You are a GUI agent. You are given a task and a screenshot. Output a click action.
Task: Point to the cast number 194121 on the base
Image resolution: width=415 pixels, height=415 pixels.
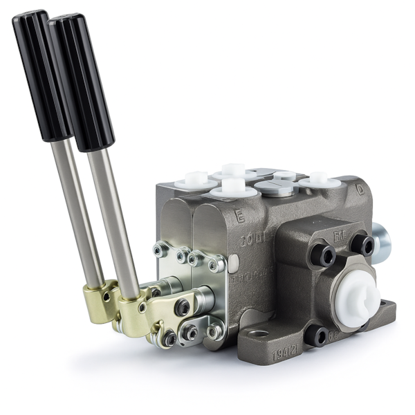click(x=286, y=355)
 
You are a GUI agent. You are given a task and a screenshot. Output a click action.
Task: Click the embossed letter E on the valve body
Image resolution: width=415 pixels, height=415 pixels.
click(x=239, y=216)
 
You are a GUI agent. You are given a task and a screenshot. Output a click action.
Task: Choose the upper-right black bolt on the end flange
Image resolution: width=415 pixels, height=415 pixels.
click(x=362, y=244)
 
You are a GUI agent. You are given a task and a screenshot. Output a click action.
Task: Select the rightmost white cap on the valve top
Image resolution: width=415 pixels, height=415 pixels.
click(x=319, y=180)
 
